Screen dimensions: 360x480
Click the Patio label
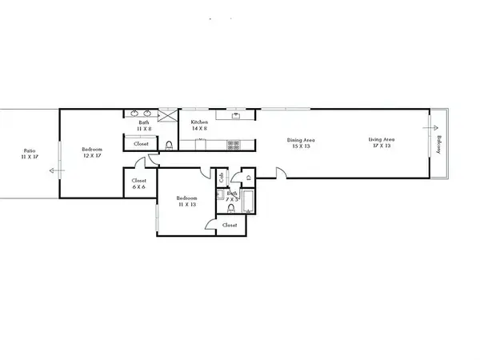click(30, 152)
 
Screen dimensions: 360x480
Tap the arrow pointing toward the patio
click(54, 170)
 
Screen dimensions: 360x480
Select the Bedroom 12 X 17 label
click(92, 152)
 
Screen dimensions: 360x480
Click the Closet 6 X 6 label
click(138, 183)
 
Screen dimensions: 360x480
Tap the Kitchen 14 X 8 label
click(200, 126)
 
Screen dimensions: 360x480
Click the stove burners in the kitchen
click(234, 145)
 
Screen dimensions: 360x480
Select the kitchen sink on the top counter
click(237, 116)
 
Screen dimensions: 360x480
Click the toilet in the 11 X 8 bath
click(170, 145)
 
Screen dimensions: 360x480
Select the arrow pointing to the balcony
click(432, 126)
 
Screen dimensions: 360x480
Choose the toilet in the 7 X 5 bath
click(230, 208)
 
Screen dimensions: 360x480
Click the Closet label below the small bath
click(230, 226)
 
